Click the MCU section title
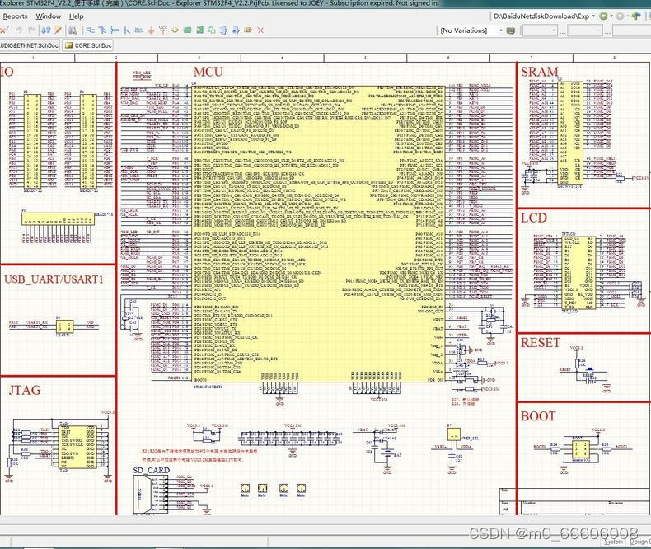[207, 73]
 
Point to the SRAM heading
[540, 72]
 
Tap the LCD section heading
[534, 218]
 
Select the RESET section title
[541, 342]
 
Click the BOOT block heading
[538, 415]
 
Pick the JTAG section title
[25, 389]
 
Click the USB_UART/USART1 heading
[54, 279]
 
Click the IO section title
[7, 73]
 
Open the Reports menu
[15, 16]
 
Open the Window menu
[48, 16]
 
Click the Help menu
[76, 16]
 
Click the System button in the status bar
[613, 542]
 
